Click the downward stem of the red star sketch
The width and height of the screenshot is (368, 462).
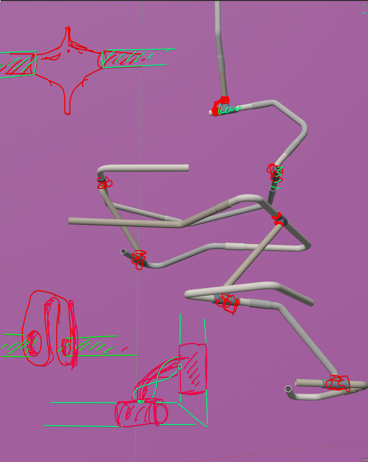pos(68,105)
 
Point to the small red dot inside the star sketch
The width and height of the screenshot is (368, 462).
pos(68,51)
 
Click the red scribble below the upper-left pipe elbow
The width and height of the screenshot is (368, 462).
pos(104,183)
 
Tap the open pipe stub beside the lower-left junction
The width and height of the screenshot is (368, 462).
pos(123,252)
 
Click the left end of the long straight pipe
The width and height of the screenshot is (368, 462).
pos(70,221)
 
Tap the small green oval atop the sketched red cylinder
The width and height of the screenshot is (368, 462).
pos(141,401)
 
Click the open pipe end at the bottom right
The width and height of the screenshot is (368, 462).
pos(288,389)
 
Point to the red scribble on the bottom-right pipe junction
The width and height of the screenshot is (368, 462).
pos(338,383)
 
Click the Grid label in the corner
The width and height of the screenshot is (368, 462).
pos(365,460)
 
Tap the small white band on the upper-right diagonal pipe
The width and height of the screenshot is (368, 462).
pos(286,153)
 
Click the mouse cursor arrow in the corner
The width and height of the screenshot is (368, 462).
pos(1,2)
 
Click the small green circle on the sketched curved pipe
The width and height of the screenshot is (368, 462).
pos(180,367)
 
